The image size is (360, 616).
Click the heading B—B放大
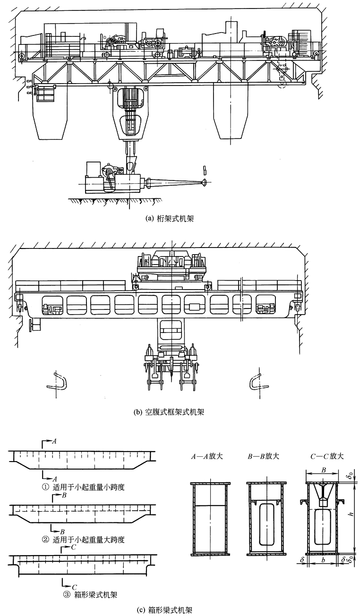pos(263,457)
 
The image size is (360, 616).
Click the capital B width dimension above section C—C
pos(323,470)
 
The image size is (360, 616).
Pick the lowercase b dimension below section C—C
pos(323,560)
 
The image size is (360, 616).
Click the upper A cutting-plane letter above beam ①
pos(55,441)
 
